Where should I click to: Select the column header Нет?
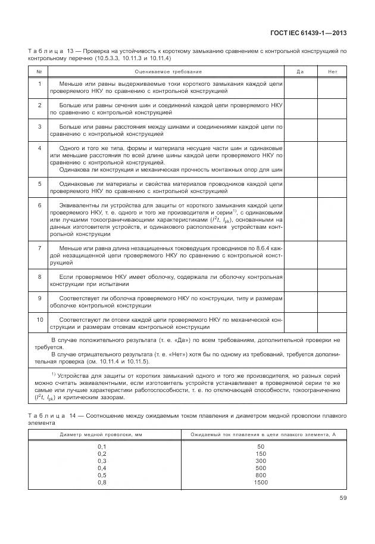pos(332,72)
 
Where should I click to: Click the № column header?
pos(39,72)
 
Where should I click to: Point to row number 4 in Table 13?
pos(39,147)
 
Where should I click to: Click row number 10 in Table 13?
pos(39,319)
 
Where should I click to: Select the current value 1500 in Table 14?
pos(260,481)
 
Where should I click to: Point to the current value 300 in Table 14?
pos(260,460)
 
